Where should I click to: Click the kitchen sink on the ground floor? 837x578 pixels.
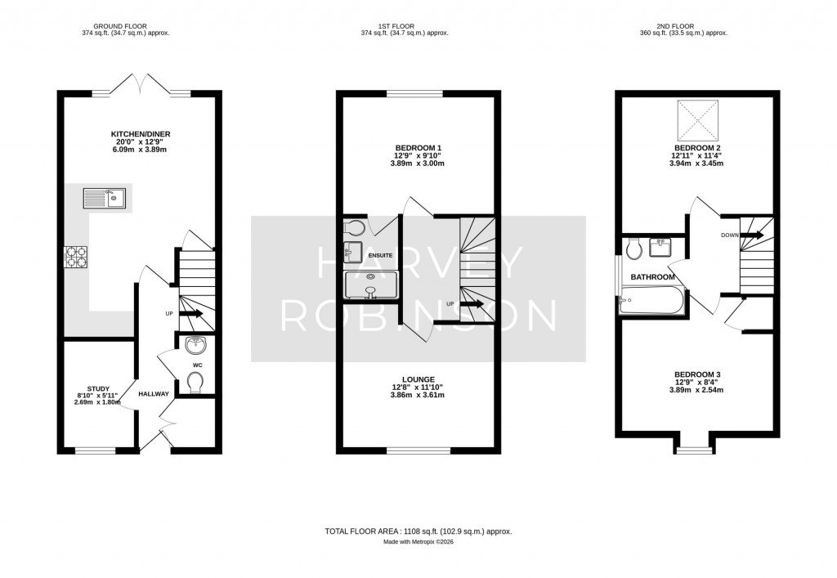pyautogui.click(x=104, y=198)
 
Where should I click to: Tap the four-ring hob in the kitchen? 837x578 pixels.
pyautogui.click(x=76, y=258)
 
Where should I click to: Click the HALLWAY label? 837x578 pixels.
pyautogui.click(x=154, y=394)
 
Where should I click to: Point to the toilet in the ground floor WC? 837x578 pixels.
pyautogui.click(x=195, y=381)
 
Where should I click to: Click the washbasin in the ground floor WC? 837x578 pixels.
pyautogui.click(x=195, y=344)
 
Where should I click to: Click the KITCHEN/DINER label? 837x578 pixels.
pyautogui.click(x=141, y=134)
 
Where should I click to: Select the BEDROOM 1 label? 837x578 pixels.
pyautogui.click(x=417, y=148)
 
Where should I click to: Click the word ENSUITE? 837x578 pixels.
pyautogui.click(x=381, y=257)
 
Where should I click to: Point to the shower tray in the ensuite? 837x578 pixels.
pyautogui.click(x=370, y=287)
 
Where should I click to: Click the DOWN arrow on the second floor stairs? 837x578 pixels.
pyautogui.click(x=751, y=235)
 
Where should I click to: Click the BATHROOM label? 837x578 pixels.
pyautogui.click(x=652, y=277)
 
